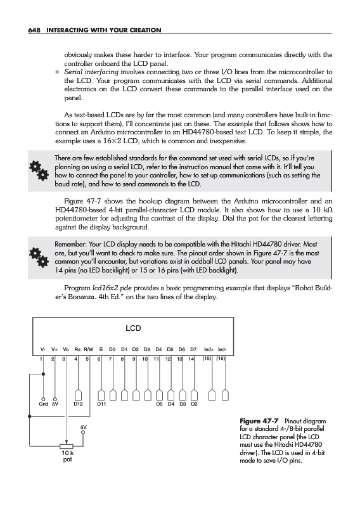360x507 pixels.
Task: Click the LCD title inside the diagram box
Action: coord(133,328)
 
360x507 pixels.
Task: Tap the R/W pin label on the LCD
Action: coord(89,349)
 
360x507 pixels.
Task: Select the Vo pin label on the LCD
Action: coord(66,349)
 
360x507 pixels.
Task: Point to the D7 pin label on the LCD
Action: coord(193,349)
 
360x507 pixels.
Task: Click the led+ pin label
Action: coord(209,349)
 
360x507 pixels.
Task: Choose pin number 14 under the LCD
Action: coord(191,359)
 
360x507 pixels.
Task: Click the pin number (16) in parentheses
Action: coord(221,359)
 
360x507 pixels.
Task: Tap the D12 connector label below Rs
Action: coord(79,404)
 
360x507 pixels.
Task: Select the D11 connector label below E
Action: coord(101,404)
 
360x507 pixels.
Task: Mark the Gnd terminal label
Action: coord(43,404)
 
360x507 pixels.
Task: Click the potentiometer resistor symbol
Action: coord(67,447)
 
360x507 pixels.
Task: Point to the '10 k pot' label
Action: coord(68,456)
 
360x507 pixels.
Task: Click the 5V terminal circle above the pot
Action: coord(83,432)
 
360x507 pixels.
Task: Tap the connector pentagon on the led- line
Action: coord(225,395)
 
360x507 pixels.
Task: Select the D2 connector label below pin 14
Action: coord(194,404)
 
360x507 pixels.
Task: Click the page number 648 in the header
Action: coord(34,30)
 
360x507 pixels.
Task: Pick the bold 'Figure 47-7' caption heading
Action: coord(259,421)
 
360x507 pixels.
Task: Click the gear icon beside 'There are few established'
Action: coord(39,170)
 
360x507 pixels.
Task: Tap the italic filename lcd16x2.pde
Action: coord(112,288)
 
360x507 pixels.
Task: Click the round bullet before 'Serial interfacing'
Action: coord(57,72)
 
